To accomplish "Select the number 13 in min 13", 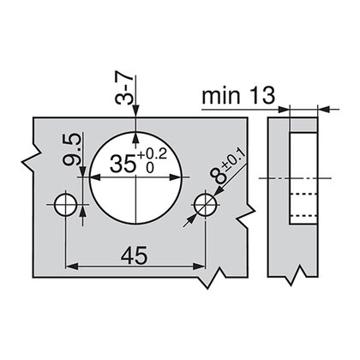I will (x=260, y=95).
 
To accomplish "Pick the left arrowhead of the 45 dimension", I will (x=70, y=267).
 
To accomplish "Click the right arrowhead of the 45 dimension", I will (x=199, y=267).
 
